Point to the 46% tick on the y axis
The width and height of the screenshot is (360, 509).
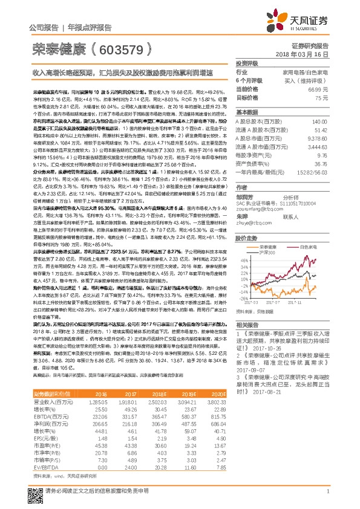point(240,259)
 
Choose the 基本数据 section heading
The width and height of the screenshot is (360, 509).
point(248,112)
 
